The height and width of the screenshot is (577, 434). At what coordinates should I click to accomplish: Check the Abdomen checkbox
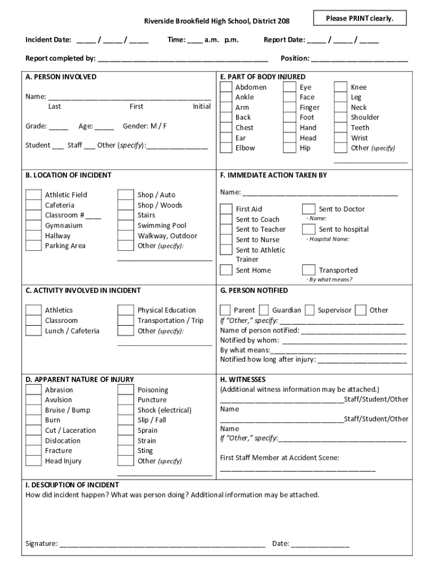click(226, 87)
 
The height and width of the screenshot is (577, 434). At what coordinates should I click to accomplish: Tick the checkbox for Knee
click(340, 87)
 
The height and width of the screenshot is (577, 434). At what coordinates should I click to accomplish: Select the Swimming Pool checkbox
click(126, 225)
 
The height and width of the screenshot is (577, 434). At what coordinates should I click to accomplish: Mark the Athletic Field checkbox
click(34, 195)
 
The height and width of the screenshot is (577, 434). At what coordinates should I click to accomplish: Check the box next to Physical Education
click(126, 310)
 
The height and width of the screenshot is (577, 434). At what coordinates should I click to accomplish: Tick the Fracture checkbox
click(34, 451)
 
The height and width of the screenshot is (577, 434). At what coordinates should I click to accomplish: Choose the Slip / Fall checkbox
click(126, 420)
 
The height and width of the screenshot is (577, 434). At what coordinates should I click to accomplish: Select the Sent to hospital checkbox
click(308, 229)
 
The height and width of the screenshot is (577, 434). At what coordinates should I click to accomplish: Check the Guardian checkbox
click(264, 310)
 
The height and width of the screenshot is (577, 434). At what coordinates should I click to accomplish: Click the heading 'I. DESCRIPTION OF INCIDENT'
click(72, 485)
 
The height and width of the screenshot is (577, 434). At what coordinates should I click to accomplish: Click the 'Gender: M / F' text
click(145, 126)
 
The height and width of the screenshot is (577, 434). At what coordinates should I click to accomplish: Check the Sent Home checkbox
click(226, 270)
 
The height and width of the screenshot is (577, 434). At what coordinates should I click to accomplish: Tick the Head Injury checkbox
click(34, 461)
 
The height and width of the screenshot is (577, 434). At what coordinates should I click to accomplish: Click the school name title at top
click(217, 21)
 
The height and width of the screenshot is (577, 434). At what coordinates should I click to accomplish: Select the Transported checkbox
click(308, 270)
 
